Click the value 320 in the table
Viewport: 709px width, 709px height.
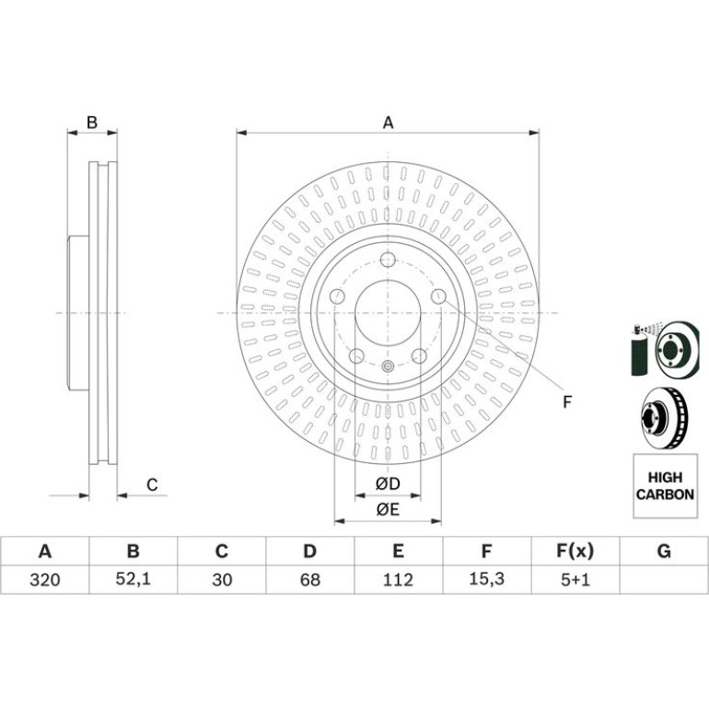point(45,579)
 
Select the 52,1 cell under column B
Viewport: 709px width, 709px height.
point(133,579)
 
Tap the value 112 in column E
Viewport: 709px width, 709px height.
point(398,579)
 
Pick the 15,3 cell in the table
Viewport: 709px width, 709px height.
point(486,579)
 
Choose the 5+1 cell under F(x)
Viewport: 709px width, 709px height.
point(575,579)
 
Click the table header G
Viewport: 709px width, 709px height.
point(664,552)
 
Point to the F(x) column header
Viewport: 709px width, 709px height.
point(575,552)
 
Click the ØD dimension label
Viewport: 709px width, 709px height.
point(388,483)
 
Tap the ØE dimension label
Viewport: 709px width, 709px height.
point(388,509)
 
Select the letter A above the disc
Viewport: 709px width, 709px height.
point(388,122)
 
